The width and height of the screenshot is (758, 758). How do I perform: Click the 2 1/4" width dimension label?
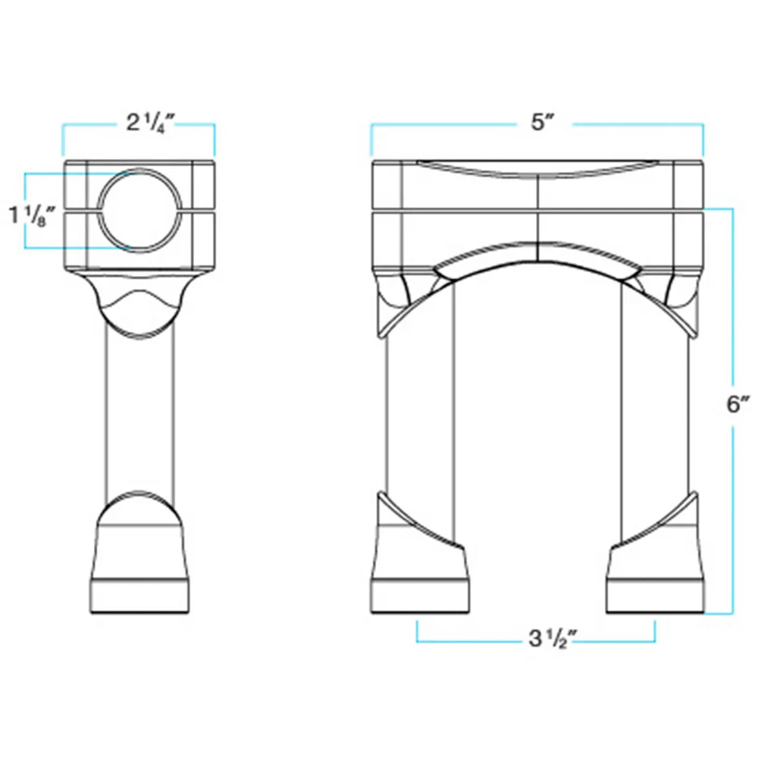coord(150,124)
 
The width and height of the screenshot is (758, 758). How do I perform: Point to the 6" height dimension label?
coord(738,404)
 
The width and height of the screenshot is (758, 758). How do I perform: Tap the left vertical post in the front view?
coord(419,411)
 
